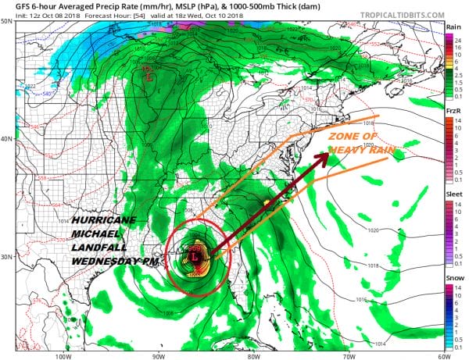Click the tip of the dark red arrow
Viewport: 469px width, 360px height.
325,155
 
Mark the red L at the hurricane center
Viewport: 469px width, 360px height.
192,257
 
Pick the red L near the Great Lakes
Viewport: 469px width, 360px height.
149,77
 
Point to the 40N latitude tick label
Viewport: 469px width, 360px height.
7,139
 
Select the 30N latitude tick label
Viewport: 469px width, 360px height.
7,257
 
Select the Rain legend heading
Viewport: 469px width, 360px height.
453,27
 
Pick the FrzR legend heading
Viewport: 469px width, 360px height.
453,112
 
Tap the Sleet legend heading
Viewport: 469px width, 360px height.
453,199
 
